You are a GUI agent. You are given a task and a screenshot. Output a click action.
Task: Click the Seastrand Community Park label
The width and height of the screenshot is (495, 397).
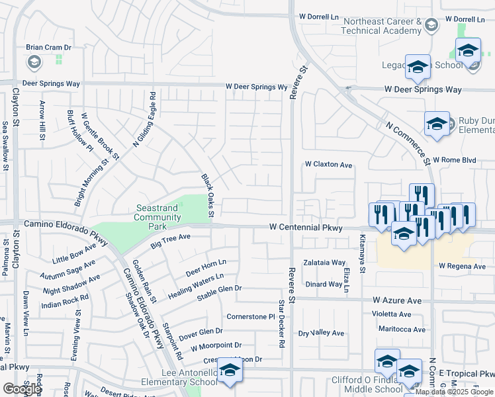157,216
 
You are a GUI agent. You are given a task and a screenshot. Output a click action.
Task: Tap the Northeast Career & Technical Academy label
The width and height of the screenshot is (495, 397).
382,26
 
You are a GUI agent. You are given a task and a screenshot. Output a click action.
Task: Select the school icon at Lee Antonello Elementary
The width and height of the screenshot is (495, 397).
230,370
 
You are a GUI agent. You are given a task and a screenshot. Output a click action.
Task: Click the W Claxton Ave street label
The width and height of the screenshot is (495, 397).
328,164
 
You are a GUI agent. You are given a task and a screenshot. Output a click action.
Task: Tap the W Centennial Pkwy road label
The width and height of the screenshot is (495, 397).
306,227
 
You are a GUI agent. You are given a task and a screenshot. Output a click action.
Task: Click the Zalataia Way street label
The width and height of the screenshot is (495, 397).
325,263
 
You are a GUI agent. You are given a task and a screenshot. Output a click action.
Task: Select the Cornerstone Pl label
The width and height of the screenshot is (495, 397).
250,317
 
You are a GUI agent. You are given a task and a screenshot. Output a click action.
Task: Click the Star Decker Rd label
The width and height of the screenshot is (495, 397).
281,324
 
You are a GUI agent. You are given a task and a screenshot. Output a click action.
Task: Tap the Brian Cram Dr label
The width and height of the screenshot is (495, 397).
48,48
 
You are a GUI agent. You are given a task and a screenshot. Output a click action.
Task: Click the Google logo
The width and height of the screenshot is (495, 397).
22,389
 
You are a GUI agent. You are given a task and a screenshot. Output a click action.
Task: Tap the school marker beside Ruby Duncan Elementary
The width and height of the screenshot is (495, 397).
437,124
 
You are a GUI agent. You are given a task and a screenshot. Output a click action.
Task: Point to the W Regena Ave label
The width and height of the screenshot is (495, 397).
462,266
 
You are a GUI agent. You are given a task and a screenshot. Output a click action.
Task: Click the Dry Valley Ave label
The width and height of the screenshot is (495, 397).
322,333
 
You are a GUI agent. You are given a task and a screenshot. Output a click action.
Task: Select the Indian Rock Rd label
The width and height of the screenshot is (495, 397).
65,302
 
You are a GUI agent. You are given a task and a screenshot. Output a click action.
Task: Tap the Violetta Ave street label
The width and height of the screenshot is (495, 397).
391,314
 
